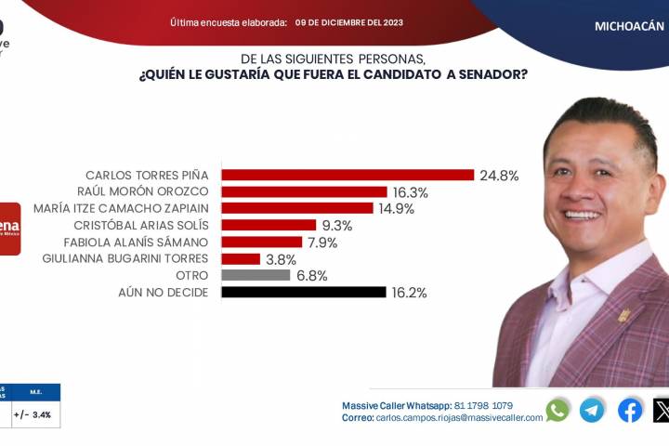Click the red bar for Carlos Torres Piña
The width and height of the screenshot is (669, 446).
click(x=348, y=175)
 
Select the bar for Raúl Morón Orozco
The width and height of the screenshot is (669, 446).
click(x=304, y=191)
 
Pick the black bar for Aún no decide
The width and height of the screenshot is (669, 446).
click(x=303, y=292)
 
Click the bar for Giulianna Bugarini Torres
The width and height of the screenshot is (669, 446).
click(x=241, y=259)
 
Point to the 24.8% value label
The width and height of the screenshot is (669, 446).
click(x=500, y=175)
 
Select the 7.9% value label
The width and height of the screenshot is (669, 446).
click(x=321, y=243)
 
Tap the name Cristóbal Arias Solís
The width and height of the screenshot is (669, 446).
click(x=141, y=225)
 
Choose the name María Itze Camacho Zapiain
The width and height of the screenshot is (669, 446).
click(x=121, y=208)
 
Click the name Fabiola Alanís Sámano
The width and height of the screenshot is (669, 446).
click(x=136, y=243)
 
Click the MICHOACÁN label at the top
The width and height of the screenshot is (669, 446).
click(x=629, y=26)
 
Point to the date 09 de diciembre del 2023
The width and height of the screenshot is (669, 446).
click(x=349, y=21)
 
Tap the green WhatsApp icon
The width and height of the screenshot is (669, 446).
click(x=557, y=410)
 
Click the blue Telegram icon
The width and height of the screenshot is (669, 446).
click(x=592, y=410)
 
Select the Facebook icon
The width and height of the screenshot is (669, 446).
click(x=630, y=410)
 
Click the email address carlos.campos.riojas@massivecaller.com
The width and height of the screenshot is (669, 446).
click(x=459, y=418)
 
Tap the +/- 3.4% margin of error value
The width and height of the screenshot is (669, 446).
click(x=33, y=414)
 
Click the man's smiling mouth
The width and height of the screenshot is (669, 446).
click(x=583, y=215)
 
